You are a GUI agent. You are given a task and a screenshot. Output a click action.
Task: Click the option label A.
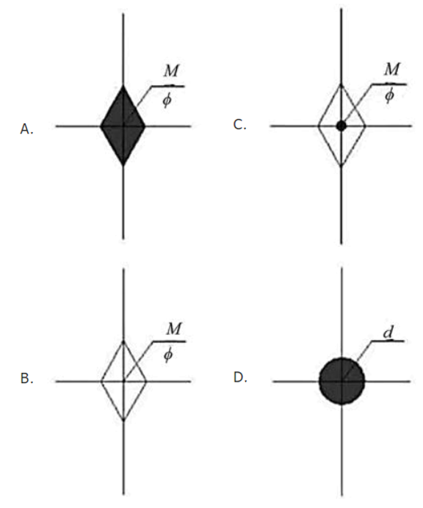tap(26, 129)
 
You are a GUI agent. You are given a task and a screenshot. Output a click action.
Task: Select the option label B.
tap(26, 378)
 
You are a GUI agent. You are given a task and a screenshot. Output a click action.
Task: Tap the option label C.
tap(240, 124)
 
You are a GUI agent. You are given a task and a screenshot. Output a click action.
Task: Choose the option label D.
tap(240, 377)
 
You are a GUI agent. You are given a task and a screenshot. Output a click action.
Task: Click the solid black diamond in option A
tap(123, 126)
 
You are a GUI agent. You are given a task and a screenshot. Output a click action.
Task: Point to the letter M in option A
tap(171, 70)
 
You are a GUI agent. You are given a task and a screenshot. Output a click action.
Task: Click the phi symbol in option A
tap(167, 100)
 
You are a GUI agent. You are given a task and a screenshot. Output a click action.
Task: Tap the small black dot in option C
tap(341, 126)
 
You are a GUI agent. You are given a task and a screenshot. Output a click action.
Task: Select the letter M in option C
tap(392, 69)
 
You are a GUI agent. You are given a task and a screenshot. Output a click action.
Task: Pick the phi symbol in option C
tap(390, 95)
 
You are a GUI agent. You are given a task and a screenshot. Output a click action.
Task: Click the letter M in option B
tap(174, 329)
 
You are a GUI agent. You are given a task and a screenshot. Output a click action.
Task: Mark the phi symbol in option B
tap(168, 355)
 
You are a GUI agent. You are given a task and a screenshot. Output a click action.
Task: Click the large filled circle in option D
tap(342, 381)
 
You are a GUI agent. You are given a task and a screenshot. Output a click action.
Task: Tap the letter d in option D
tap(388, 333)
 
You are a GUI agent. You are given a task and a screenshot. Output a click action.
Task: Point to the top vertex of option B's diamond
tap(123, 341)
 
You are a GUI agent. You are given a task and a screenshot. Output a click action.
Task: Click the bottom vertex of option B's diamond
tap(123, 421)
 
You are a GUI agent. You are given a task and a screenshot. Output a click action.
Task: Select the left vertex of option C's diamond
tap(318, 126)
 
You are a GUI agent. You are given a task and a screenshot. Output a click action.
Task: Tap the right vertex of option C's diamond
tap(365, 126)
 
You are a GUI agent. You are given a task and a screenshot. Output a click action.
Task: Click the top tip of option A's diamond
tap(123, 86)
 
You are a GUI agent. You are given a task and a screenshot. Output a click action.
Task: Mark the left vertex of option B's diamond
tap(101, 381)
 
